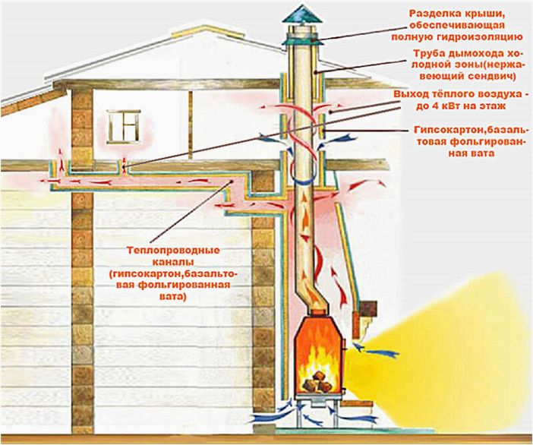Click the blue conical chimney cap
[x=302, y=14]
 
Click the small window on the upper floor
[x=124, y=127]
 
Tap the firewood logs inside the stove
[x=317, y=382]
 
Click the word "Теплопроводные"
[x=173, y=251]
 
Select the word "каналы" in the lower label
[x=173, y=262]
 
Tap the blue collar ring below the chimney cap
[x=302, y=41]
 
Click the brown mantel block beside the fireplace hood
[x=367, y=308]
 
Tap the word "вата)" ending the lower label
[x=173, y=296]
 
